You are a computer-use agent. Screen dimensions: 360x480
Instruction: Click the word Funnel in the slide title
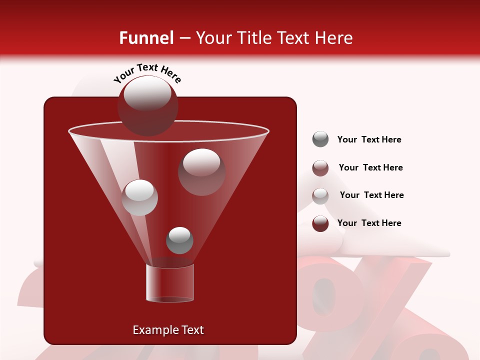pyautogui.click(x=146, y=38)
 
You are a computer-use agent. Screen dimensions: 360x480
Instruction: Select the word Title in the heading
pyautogui.click(x=253, y=38)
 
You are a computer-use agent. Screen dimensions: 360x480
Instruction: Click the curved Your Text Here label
pyautogui.click(x=147, y=72)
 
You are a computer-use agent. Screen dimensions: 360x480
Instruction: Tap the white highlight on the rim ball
pyautogui.click(x=147, y=93)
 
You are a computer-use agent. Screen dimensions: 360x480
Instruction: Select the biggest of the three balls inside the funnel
pyautogui.click(x=202, y=171)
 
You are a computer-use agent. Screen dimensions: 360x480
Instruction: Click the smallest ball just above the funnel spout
pyautogui.click(x=179, y=240)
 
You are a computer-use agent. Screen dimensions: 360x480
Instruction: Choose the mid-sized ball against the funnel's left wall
pyautogui.click(x=140, y=197)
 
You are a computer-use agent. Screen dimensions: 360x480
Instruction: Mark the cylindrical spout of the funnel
pyautogui.click(x=169, y=283)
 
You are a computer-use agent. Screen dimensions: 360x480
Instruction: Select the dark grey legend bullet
pyautogui.click(x=320, y=139)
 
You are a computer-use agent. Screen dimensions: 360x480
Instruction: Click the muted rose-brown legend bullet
pyautogui.click(x=320, y=168)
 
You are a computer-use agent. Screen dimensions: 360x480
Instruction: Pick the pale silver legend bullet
pyautogui.click(x=320, y=195)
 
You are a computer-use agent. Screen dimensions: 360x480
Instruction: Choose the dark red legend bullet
pyautogui.click(x=320, y=223)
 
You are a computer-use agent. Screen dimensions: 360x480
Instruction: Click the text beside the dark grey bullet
pyautogui.click(x=369, y=139)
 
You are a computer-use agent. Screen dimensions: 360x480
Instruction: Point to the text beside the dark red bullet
pyautogui.click(x=369, y=223)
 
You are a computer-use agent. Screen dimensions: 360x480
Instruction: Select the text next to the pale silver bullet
pyautogui.click(x=371, y=195)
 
